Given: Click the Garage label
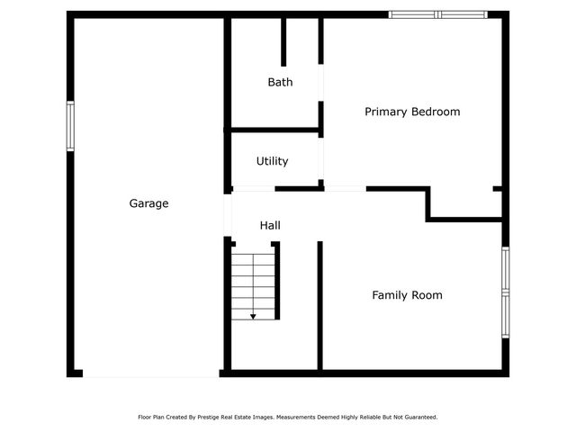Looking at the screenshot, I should pos(148,204).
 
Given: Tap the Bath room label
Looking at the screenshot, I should pos(280,82).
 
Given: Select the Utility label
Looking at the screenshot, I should pos(272,161).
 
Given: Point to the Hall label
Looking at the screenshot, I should pos(270,225).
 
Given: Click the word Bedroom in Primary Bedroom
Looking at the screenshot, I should pos(436,112).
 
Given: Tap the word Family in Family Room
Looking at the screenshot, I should pos(391,295).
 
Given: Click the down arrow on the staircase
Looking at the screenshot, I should pos(253,315).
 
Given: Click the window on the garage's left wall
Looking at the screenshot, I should pos(70,126).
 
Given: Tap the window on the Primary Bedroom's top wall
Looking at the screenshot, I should pos(437,14).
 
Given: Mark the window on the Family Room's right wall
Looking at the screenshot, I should pos(505,292).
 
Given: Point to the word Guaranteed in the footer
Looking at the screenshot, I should pos(418,418).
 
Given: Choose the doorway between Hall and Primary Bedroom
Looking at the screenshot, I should pos(345,188).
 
